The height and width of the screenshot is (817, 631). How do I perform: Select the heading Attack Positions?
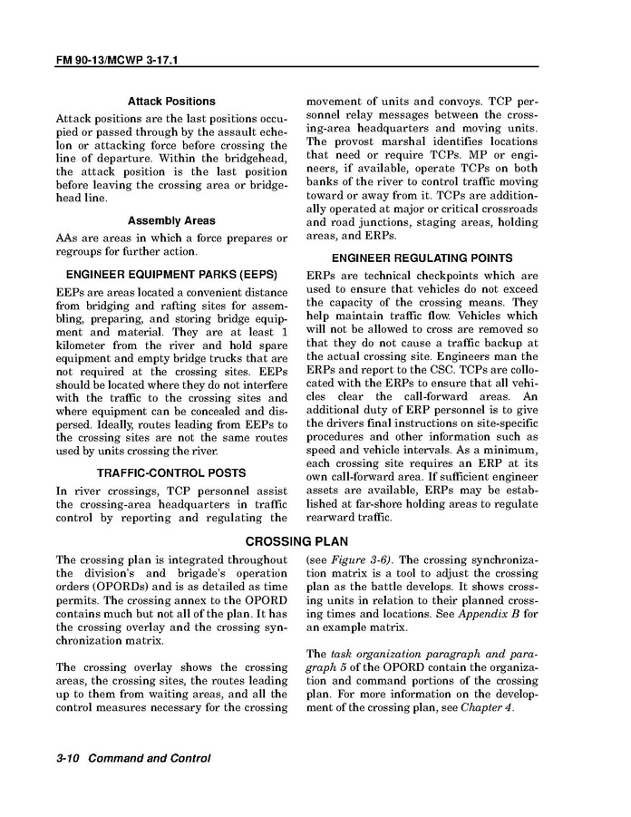[x=171, y=102]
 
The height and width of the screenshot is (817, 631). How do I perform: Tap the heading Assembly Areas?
[x=171, y=220]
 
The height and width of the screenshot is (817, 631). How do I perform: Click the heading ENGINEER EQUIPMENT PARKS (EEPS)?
[x=171, y=274]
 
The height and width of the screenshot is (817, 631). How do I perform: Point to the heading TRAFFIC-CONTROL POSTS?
[x=171, y=472]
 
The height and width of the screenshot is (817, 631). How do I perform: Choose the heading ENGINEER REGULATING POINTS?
[x=422, y=258]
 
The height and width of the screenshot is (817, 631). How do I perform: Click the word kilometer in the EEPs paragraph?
[x=83, y=345]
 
